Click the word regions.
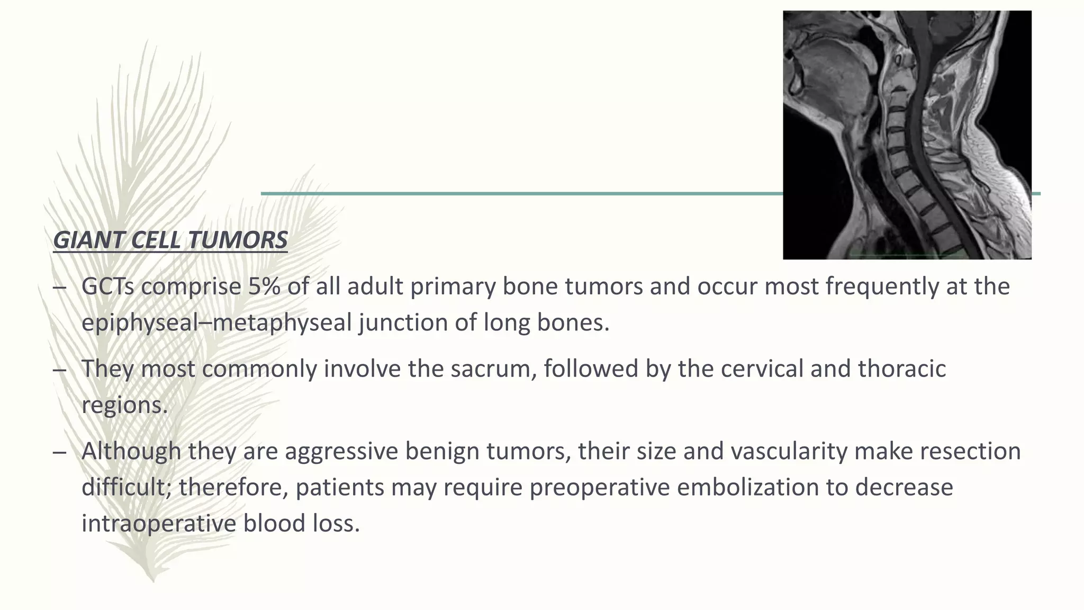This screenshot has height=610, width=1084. point(124,405)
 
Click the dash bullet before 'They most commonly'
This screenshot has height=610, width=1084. point(60,369)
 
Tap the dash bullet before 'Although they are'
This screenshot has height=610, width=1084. point(60,452)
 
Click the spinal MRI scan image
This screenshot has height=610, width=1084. point(907,135)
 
